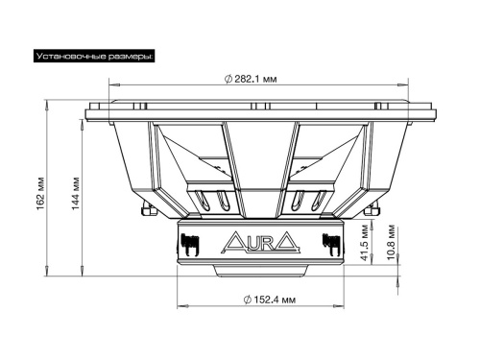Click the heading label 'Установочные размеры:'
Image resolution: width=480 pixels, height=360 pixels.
(x=94, y=58)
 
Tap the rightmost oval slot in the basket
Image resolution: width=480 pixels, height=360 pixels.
(x=320, y=202)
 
